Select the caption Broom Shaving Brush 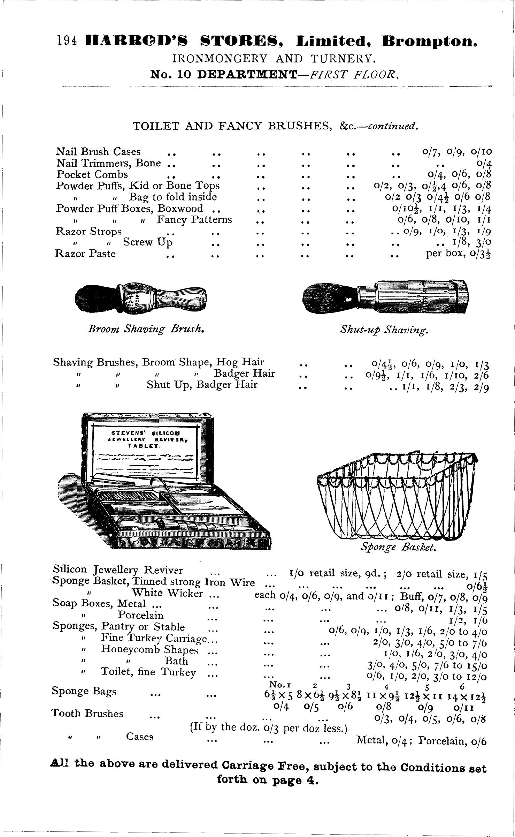coord(145,329)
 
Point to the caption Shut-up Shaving coord(384,330)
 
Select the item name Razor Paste coord(85,254)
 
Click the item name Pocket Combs coord(92,174)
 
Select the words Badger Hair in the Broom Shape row coord(244,374)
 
